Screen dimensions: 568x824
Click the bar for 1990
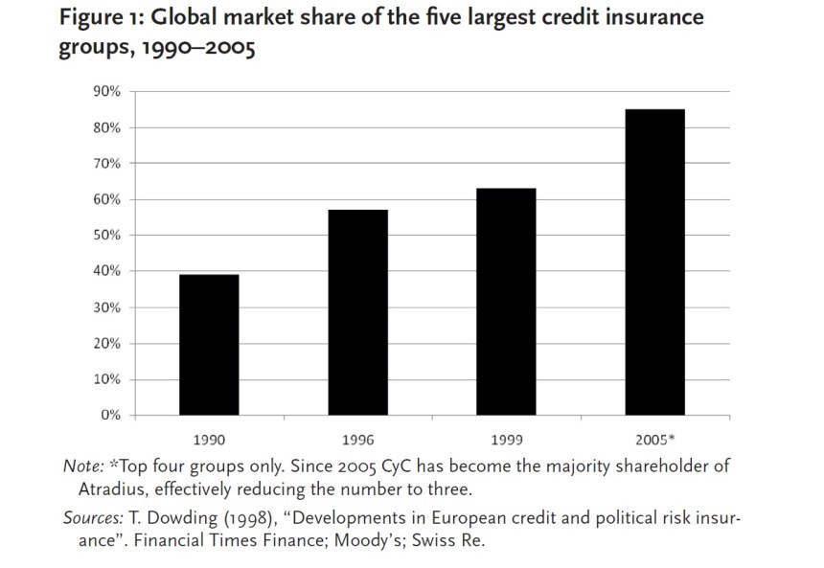point(209,345)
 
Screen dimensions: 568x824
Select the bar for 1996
point(357,312)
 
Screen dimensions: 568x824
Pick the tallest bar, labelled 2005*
point(654,262)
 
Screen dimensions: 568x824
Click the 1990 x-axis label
point(209,442)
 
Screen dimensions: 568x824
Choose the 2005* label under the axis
point(655,442)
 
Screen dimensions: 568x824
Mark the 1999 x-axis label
point(506,442)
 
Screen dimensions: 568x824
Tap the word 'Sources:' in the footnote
point(90,518)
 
